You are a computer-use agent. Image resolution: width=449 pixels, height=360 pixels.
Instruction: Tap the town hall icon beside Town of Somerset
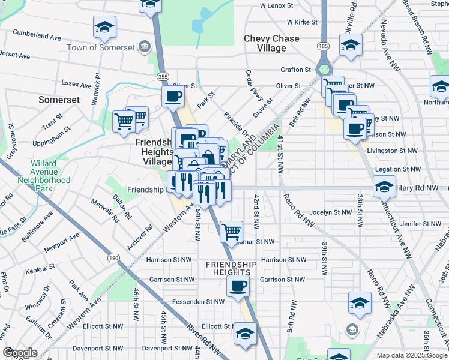coord(144,46)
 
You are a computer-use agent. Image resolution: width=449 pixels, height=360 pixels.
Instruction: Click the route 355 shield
coord(162,77)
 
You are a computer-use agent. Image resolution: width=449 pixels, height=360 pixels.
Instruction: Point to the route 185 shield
coord(324,46)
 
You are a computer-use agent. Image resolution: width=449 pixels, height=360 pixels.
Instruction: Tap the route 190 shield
coord(112,257)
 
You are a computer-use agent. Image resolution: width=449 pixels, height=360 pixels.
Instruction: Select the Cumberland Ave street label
coord(38,37)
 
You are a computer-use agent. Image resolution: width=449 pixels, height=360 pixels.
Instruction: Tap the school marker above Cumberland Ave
coord(104,27)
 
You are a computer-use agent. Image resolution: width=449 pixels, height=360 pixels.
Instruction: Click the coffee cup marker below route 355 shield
coord(173,96)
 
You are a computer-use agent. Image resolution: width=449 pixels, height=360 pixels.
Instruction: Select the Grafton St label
coord(295,70)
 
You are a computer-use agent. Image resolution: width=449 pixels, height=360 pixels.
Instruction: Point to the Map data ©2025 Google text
coord(411,355)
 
